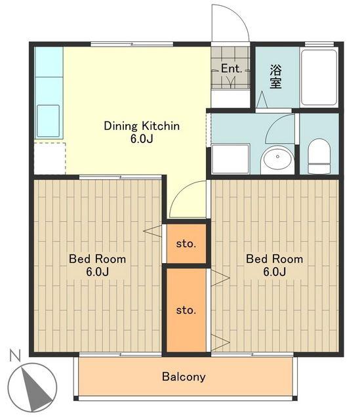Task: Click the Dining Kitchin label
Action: point(142,126)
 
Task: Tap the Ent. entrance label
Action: point(231,68)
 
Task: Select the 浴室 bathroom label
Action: point(275,77)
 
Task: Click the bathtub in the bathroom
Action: point(319,77)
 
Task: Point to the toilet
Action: point(319,156)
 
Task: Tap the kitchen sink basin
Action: point(48,121)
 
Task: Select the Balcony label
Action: point(184,377)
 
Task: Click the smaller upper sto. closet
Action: point(186,243)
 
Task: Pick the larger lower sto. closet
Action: point(186,310)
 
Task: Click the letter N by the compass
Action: point(15,356)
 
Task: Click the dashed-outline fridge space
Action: point(50,159)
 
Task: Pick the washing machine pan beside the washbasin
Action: point(230,159)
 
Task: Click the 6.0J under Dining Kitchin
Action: point(142,138)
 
